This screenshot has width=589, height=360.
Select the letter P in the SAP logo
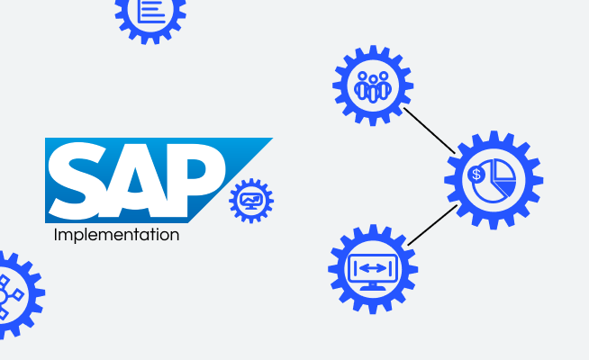tap(195, 178)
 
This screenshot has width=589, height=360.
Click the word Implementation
tap(116, 236)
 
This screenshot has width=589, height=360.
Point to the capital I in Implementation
tap(57, 236)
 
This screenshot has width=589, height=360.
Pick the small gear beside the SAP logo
tap(251, 201)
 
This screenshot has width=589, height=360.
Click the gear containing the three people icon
tap(372, 86)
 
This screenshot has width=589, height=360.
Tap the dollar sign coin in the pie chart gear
tap(476, 174)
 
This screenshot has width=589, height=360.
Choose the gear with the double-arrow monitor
tap(373, 269)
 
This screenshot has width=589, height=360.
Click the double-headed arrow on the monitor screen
tap(373, 267)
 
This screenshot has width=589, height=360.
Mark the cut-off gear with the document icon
tap(150, 13)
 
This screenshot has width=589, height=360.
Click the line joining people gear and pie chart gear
tap(430, 130)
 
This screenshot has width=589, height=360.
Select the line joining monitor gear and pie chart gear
tap(433, 225)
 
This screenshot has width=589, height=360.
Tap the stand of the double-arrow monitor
tap(373, 286)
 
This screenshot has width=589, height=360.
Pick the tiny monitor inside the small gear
tap(251, 199)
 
